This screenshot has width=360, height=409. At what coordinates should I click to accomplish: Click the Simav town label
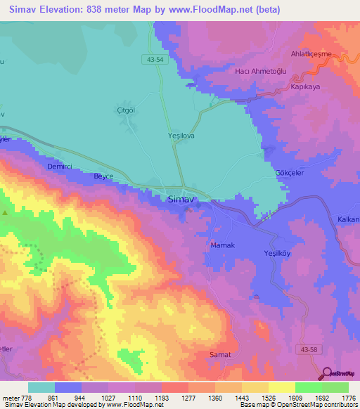click(180, 199)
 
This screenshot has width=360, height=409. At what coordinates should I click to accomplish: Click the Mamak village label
click(222, 245)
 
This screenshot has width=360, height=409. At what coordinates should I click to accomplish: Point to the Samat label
click(220, 355)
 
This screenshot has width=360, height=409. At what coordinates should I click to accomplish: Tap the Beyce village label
click(105, 176)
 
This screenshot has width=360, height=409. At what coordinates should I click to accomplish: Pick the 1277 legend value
click(171, 397)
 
